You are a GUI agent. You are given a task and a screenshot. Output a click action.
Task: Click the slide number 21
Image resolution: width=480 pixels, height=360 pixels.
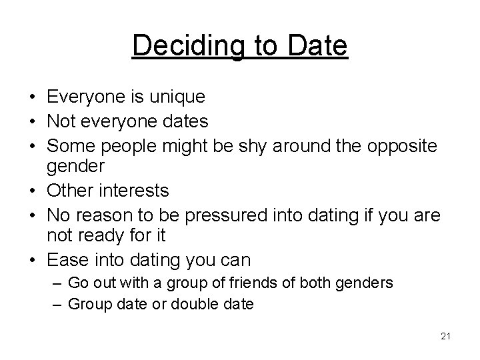pos(446,336)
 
